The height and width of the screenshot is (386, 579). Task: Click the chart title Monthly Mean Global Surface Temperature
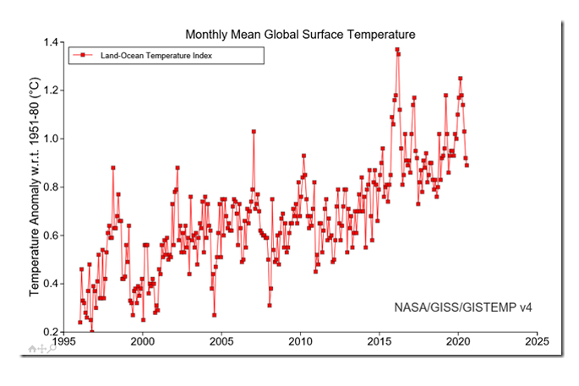coord(300,34)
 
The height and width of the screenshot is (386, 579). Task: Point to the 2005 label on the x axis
coord(221,342)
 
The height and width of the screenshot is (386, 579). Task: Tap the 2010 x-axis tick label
coord(300,342)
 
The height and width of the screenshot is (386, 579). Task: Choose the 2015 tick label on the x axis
coord(379,342)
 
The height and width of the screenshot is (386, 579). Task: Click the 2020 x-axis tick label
coord(457,342)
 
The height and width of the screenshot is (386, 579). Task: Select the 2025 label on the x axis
coord(536,342)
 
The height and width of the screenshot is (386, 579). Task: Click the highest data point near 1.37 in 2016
coord(397,50)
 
